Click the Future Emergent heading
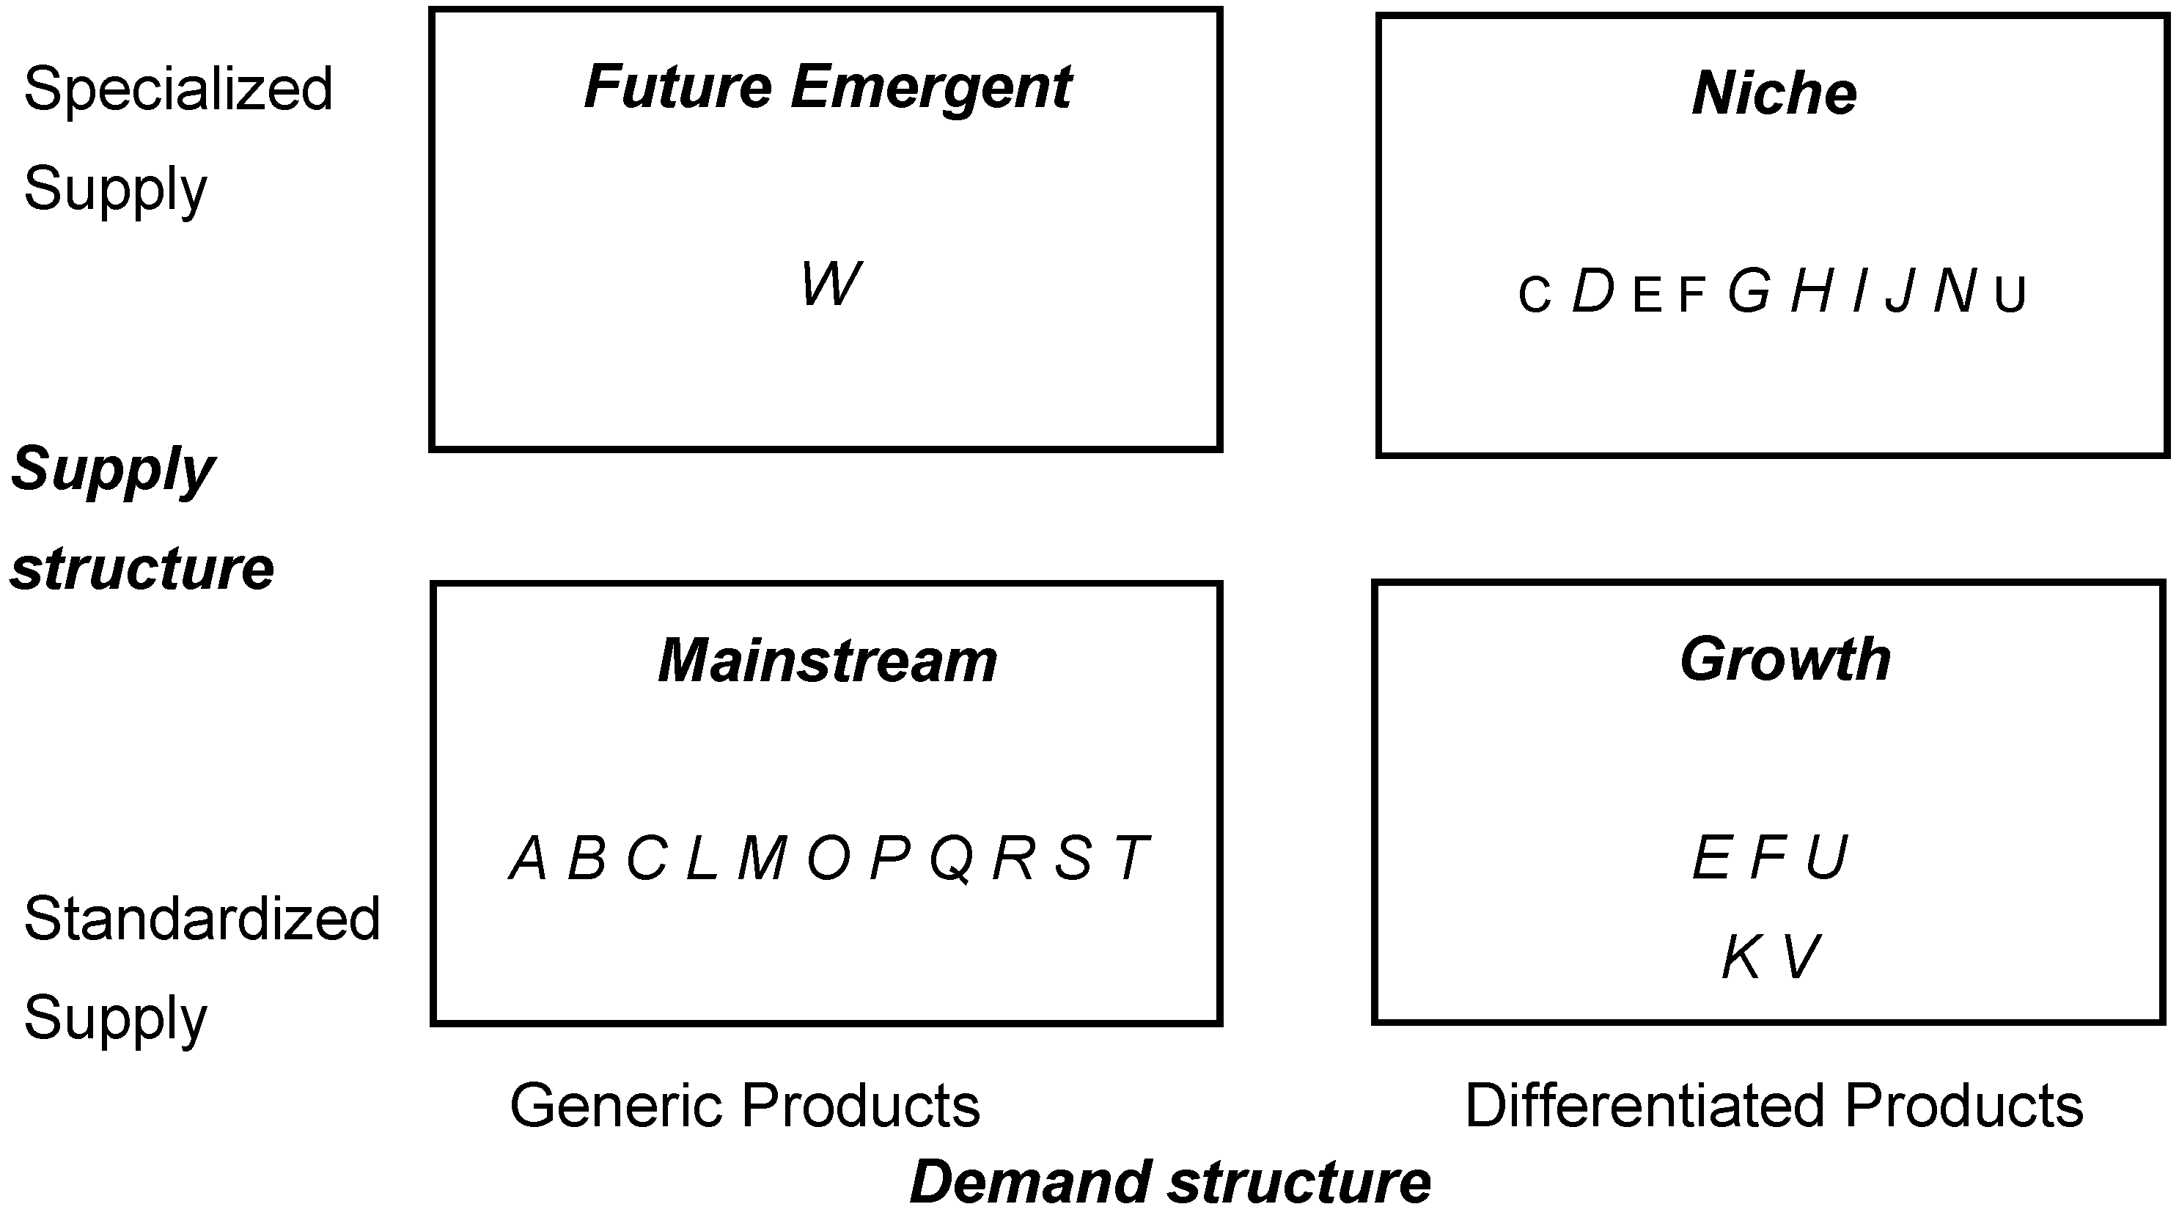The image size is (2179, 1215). tap(827, 87)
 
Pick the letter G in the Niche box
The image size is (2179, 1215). tap(1749, 290)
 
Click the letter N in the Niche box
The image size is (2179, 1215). tap(1954, 291)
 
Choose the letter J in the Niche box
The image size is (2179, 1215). tap(1900, 291)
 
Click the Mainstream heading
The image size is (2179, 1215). tap(827, 660)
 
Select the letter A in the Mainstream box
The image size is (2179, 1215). tap(529, 858)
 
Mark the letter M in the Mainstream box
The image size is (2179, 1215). tap(763, 858)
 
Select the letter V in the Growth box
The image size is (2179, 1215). tap(1801, 958)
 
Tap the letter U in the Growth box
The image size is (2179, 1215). tap(1826, 858)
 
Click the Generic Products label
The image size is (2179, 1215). tap(744, 1106)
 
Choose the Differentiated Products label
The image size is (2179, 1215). tap(1773, 1106)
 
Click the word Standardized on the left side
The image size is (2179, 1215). tap(202, 919)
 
